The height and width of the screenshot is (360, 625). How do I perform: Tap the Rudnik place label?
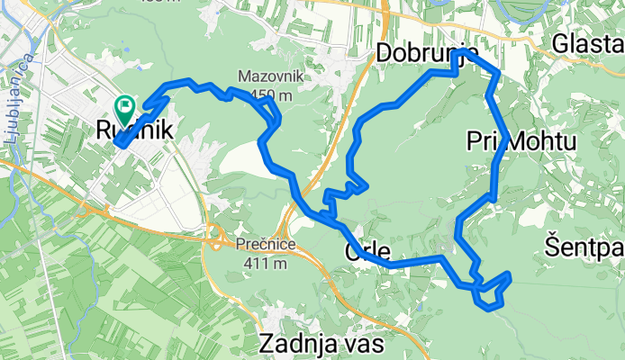[x=133, y=130]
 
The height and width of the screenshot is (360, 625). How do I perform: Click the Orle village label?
[x=367, y=251]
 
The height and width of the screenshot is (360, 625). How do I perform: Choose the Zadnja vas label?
[x=321, y=343]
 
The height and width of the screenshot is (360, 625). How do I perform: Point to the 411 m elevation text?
[x=267, y=264]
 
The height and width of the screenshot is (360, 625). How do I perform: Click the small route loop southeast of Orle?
[x=492, y=291]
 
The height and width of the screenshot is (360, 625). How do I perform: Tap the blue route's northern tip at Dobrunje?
[x=460, y=55]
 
